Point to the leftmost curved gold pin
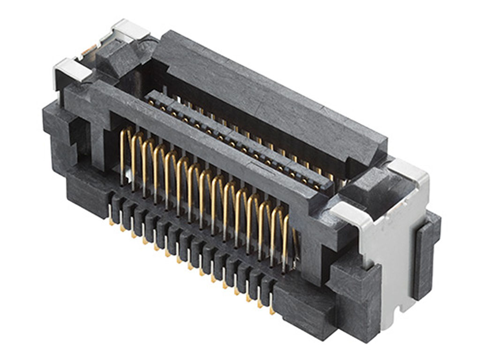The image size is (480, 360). pyautogui.click(x=124, y=155)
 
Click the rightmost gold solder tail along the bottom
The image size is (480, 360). pyautogui.click(x=272, y=309)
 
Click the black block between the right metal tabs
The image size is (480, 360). pyautogui.click(x=370, y=187)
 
